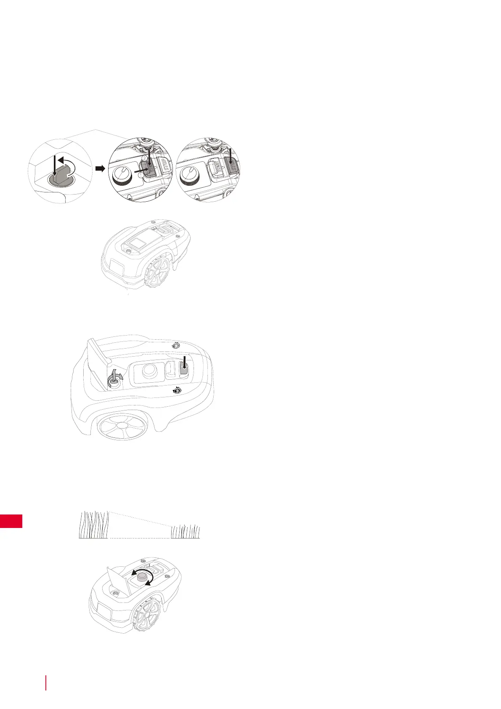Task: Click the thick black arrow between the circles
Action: click(x=100, y=168)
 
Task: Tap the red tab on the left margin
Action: click(x=11, y=521)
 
